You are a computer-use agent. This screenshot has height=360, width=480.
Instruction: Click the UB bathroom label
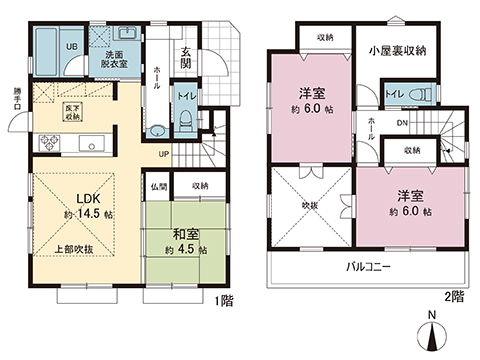point(71,46)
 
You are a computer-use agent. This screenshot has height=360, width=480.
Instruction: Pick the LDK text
point(83,197)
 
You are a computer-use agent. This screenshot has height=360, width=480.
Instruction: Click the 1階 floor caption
point(222,297)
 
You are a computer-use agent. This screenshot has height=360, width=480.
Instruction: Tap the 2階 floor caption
point(455,297)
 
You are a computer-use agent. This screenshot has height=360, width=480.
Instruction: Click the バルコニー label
point(368,267)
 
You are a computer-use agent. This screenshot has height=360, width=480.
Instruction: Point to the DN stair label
point(402,124)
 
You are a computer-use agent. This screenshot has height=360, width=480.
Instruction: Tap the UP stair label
point(164,153)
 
